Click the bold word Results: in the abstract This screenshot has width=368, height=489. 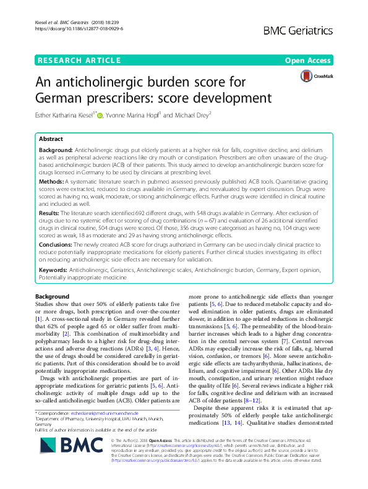tap(53, 211)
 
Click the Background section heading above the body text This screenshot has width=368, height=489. tap(53, 297)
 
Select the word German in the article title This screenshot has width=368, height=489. tap(56, 98)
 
